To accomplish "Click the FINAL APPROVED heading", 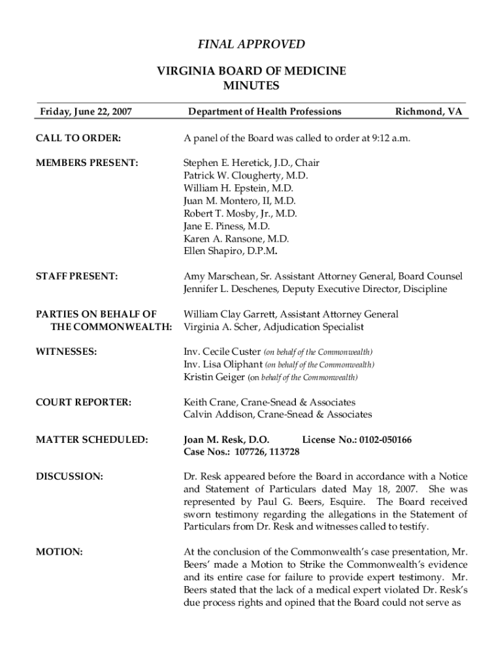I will [252, 44].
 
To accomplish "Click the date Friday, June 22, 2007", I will [86, 112].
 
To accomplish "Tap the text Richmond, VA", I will [429, 112].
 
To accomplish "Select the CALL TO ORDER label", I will [81, 139].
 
